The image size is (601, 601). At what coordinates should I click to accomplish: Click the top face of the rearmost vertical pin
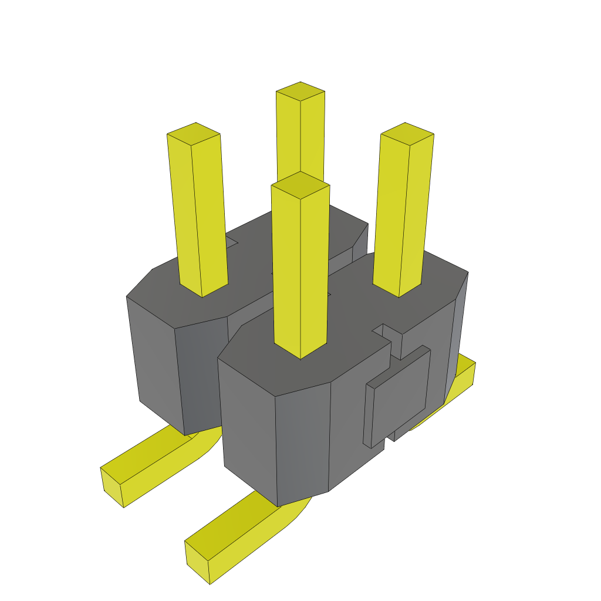(x=300, y=92)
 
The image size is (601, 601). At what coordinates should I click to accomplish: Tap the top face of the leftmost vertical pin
(x=194, y=134)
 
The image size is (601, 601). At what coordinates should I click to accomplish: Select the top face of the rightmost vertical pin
(x=407, y=134)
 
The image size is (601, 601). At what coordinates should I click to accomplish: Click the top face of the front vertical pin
(x=300, y=184)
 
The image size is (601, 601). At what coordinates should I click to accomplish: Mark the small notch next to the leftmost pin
(x=231, y=242)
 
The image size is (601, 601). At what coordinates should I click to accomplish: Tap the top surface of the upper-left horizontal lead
(x=153, y=452)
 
